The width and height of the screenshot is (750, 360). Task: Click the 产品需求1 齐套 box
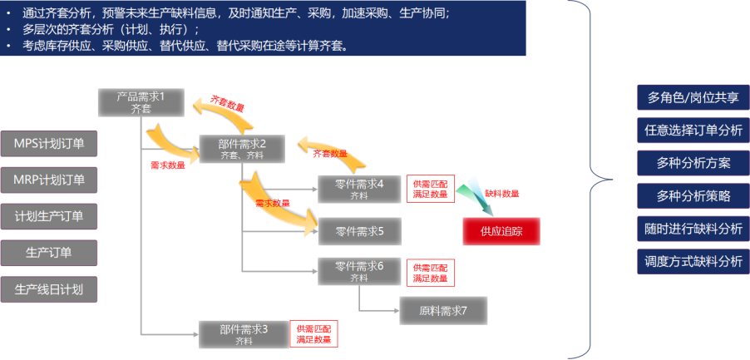141,101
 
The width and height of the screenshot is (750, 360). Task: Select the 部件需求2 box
242,148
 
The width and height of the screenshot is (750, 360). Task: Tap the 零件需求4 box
358,189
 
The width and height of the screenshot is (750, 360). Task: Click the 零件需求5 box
358,231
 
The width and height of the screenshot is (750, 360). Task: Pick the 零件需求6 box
358,271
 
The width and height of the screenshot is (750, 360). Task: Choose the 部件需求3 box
243,334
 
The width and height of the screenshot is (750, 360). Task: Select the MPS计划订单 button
49,143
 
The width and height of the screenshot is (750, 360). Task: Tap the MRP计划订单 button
49,180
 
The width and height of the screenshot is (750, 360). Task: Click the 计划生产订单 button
49,216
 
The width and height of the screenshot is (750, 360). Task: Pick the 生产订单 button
49,253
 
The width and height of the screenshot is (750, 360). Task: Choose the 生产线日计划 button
49,289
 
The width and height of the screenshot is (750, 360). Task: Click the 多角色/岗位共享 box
693,97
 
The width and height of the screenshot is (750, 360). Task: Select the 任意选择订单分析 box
693,131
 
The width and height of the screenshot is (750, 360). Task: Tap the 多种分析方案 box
693,163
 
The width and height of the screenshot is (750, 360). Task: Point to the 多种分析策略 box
693,196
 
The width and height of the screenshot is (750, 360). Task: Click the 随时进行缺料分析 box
693,229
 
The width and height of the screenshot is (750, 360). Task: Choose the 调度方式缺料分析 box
693,261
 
